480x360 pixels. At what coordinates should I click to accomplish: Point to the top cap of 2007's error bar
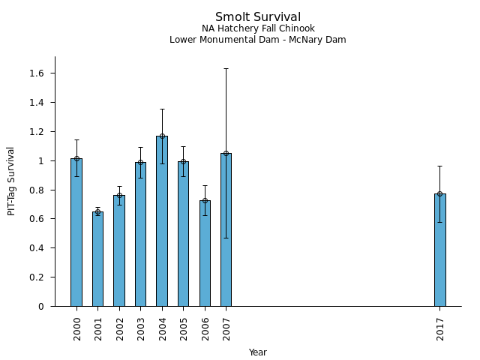coord(226,68)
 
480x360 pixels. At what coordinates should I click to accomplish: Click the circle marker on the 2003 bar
coord(140,162)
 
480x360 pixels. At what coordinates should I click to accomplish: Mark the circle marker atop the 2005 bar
coord(183,161)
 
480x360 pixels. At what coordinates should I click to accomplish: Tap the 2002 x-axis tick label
coord(120,328)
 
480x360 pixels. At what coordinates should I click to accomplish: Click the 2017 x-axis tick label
coord(441,328)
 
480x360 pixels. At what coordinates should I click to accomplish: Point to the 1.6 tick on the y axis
coord(37,73)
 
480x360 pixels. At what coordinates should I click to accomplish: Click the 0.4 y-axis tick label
coord(37,248)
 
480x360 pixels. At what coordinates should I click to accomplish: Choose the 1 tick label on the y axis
coord(42,160)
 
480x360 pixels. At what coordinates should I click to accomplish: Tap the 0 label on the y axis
coord(42,307)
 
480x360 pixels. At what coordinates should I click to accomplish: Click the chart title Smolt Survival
coord(258,17)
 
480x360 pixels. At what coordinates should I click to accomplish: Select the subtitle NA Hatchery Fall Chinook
coord(258,29)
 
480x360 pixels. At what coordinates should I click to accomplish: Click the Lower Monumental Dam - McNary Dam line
coord(258,40)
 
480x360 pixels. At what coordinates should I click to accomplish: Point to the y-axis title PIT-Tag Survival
coord(11,181)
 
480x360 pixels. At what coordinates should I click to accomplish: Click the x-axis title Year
coord(258,352)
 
